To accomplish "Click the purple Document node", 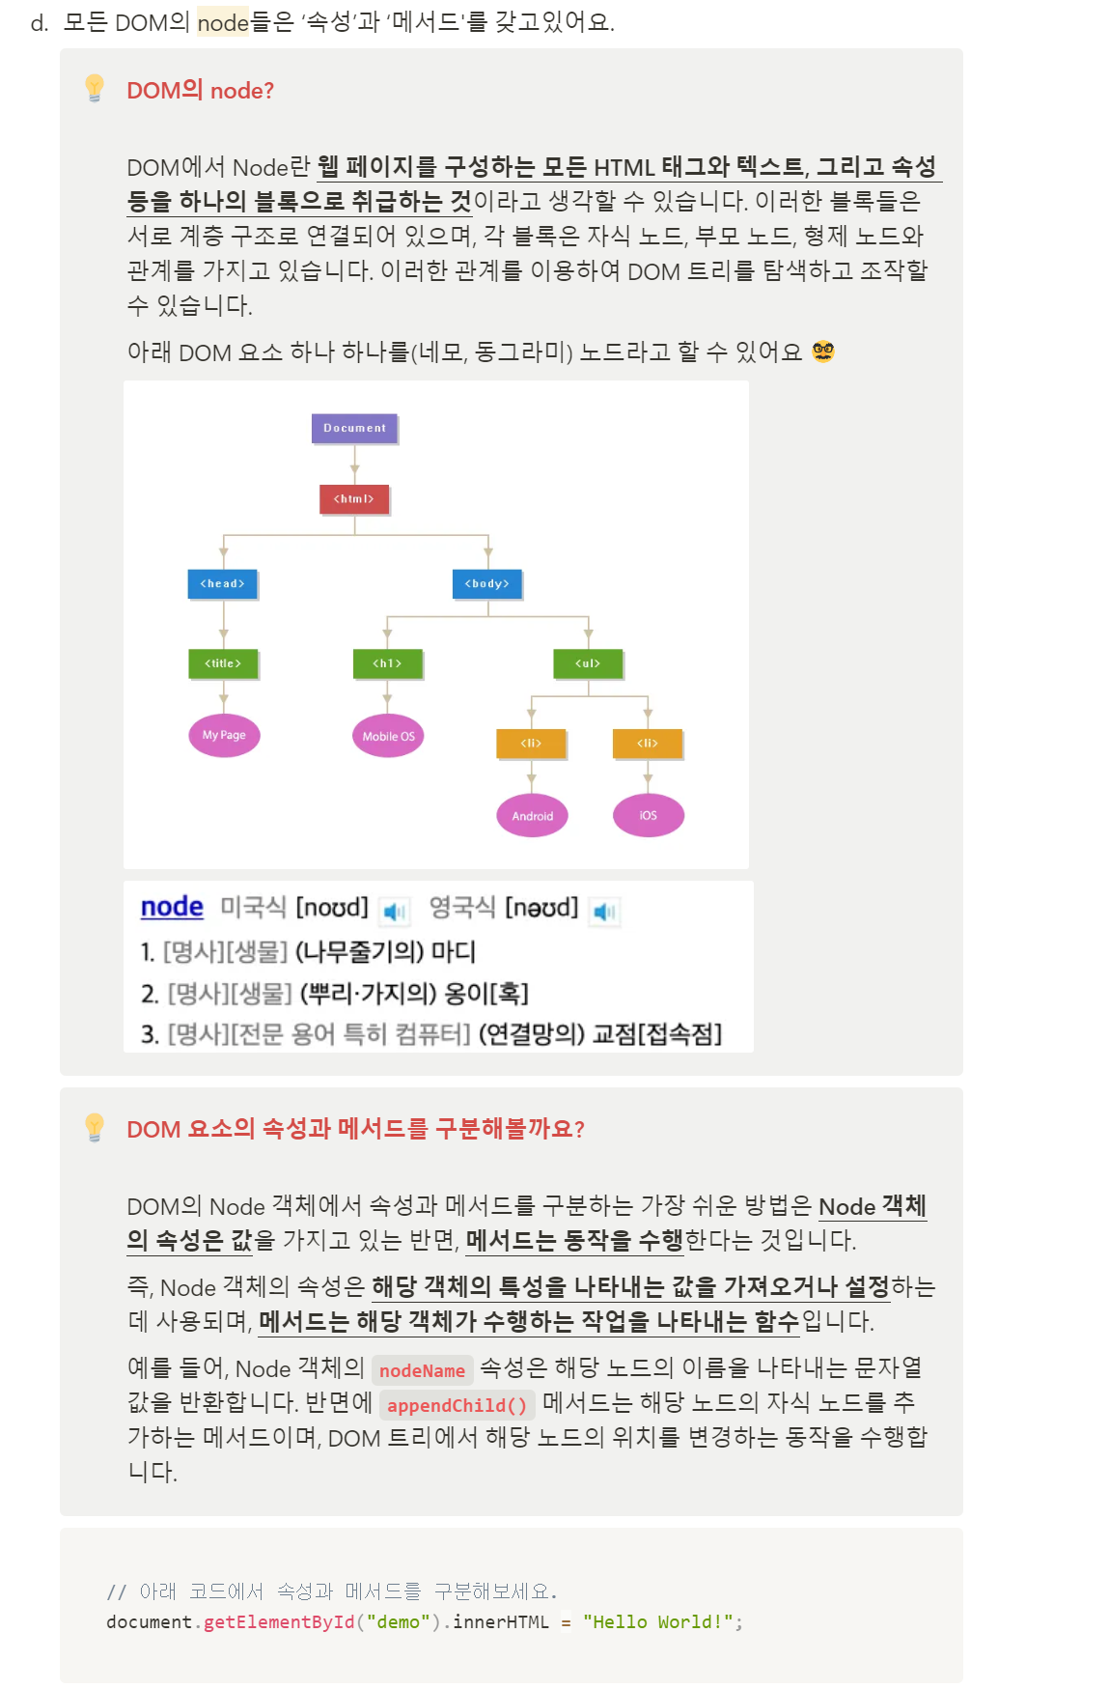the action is click(x=354, y=428).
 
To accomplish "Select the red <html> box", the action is click(x=354, y=498).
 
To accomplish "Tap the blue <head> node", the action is click(x=222, y=583).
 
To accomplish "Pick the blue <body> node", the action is click(x=487, y=583).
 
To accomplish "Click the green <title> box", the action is click(x=223, y=663).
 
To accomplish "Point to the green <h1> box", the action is click(x=388, y=663).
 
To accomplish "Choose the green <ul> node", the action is click(x=588, y=663).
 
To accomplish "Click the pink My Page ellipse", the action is click(x=224, y=735).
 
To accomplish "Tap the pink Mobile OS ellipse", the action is click(x=389, y=736).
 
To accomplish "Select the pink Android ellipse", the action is click(x=533, y=816).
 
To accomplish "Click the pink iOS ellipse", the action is click(x=649, y=816).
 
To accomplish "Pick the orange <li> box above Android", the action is click(x=531, y=744).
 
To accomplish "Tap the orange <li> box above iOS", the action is click(x=648, y=744).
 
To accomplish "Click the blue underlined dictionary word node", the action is click(x=172, y=908).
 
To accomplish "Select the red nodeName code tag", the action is click(x=422, y=1370).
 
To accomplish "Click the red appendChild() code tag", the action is click(x=457, y=1405).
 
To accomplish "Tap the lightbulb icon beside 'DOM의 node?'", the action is click(x=95, y=88).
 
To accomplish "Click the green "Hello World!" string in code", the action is click(x=658, y=1621).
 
